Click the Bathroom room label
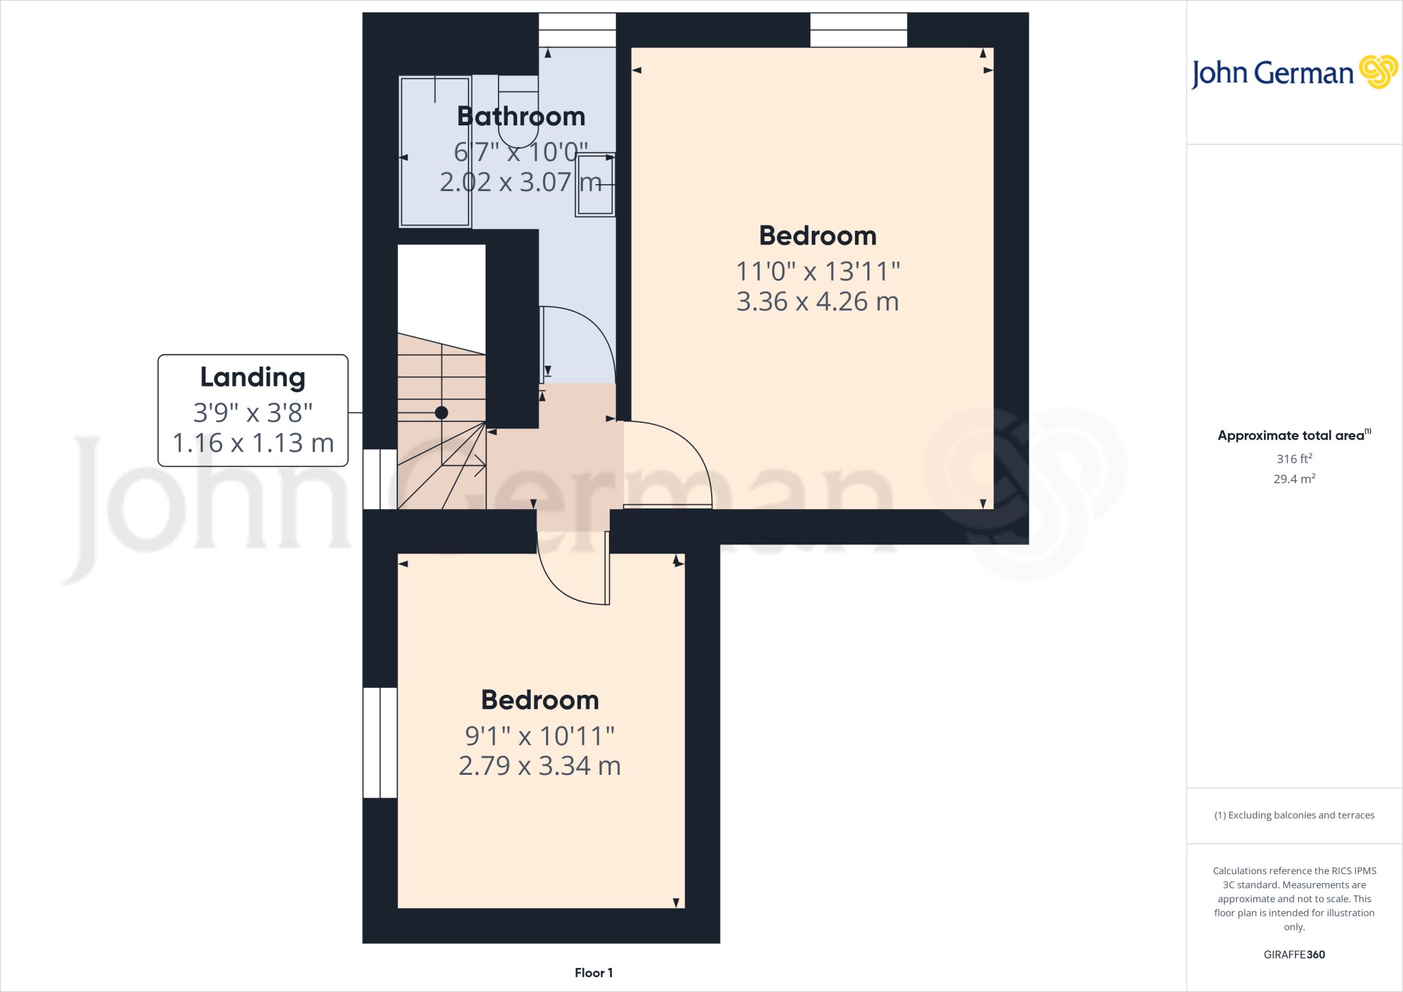click(521, 116)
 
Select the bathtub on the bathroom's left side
click(435, 151)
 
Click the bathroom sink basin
click(595, 184)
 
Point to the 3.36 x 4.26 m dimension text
click(817, 302)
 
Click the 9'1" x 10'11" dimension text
click(540, 736)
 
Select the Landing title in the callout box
click(253, 377)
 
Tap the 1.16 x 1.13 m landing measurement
click(253, 443)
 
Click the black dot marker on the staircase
click(442, 412)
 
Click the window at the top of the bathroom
click(577, 30)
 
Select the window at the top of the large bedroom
click(858, 30)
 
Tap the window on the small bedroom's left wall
click(380, 743)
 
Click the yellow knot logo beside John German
click(1378, 72)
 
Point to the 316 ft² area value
click(1294, 458)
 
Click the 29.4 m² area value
click(1294, 479)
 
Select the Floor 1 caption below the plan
click(593, 973)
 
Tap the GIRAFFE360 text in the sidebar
click(1294, 954)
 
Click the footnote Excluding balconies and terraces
click(1294, 815)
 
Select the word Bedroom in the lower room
click(540, 700)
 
